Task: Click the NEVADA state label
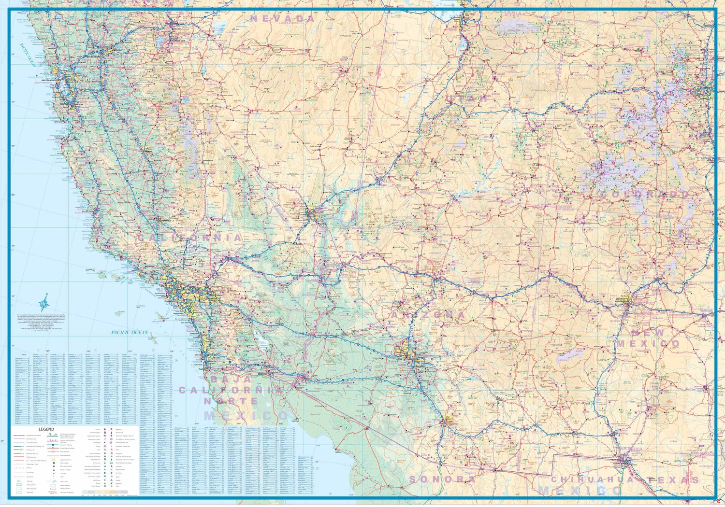(283, 19)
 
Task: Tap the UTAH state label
(467, 99)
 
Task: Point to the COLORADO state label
(645, 195)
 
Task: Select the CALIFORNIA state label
(189, 238)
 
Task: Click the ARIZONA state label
(428, 315)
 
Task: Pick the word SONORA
(442, 479)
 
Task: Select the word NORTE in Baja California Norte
(231, 401)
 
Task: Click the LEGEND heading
(46, 429)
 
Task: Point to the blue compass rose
(44, 304)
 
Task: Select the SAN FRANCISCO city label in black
(49, 81)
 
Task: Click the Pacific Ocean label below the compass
(130, 332)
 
